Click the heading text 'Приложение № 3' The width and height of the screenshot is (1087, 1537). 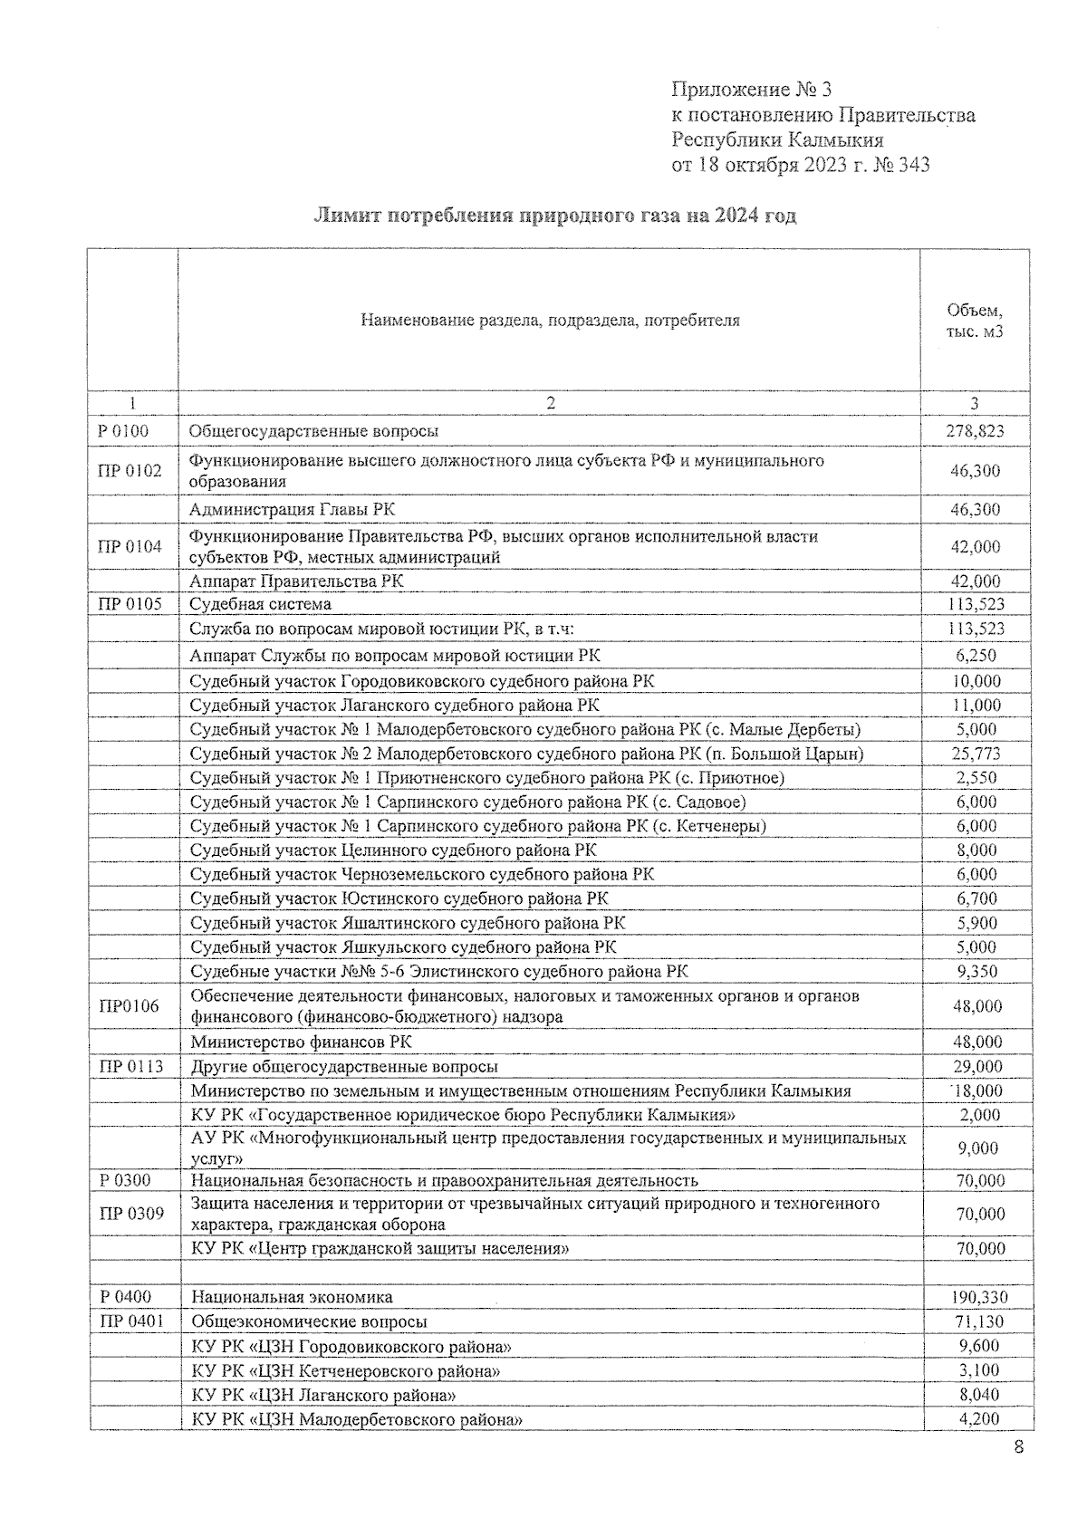(x=751, y=90)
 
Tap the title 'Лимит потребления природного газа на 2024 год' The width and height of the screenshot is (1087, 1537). (x=554, y=216)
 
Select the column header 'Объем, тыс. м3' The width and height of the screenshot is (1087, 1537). (x=975, y=321)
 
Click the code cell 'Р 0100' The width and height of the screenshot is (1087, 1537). (x=123, y=431)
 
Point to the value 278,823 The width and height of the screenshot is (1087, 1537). (x=975, y=431)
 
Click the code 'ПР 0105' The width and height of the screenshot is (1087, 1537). (x=130, y=604)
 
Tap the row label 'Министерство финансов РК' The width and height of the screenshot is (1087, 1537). (x=301, y=1042)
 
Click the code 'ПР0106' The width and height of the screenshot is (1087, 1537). (x=130, y=1006)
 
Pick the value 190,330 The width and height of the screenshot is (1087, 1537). (x=978, y=1298)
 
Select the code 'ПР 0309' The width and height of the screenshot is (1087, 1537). (x=131, y=1214)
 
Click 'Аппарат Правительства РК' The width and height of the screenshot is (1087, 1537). (x=296, y=581)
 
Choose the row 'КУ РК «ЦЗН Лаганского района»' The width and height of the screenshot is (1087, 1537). (x=323, y=1395)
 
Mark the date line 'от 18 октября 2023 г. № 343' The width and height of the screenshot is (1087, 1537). (x=800, y=165)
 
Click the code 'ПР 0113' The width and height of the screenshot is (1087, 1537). (x=131, y=1067)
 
